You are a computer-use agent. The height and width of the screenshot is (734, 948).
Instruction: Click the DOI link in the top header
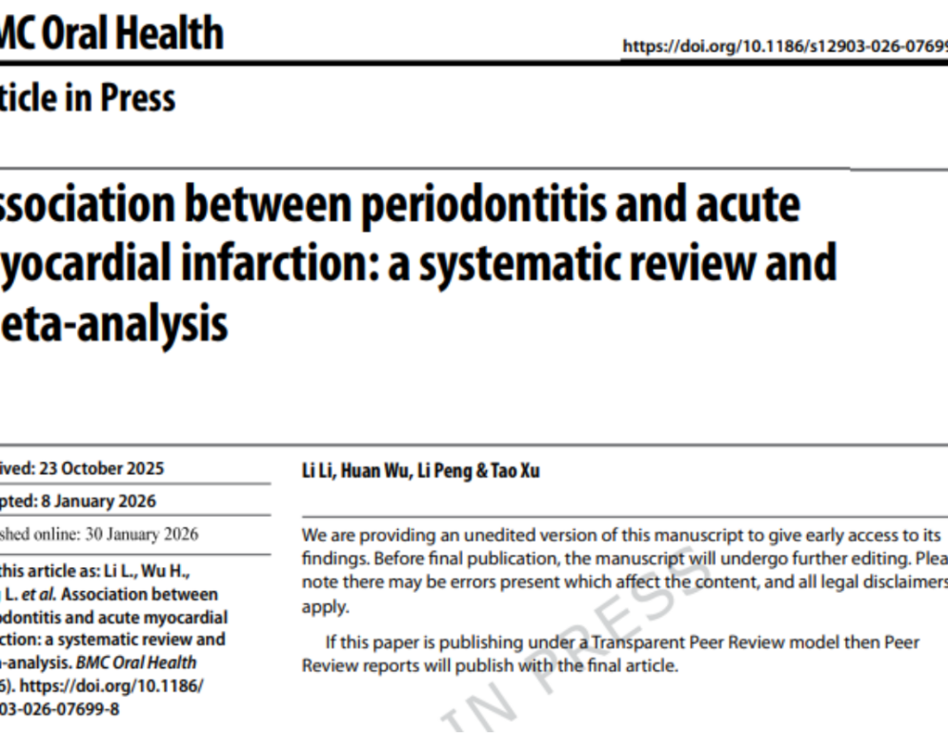click(784, 46)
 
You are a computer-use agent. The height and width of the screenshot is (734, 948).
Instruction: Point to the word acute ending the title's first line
click(746, 206)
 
